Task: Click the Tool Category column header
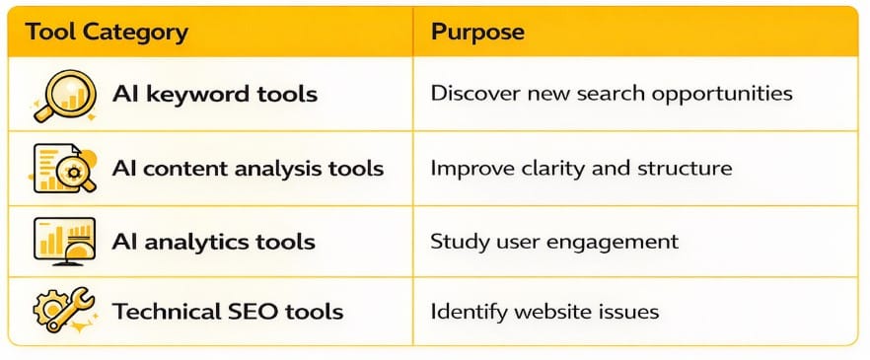point(107,32)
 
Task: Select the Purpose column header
point(477,32)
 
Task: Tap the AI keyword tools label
point(215,95)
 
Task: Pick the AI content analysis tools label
point(248,168)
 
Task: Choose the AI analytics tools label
point(213,241)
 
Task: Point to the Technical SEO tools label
point(228,312)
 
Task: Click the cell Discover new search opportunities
point(611,95)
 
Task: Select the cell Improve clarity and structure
point(581,168)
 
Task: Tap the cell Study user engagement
point(553,241)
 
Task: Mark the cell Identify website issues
point(544,312)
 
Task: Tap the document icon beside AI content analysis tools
point(62,168)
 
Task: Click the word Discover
point(471,95)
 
